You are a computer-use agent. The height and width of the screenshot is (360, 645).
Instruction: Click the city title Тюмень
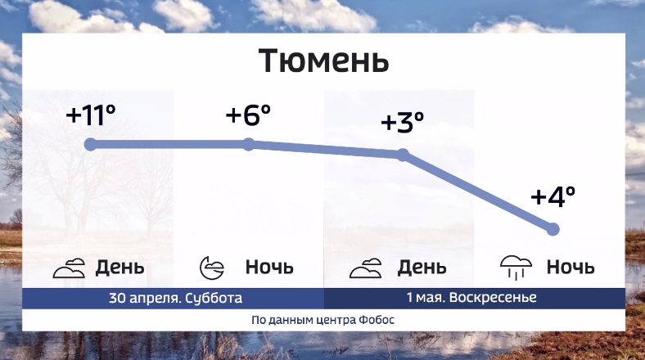pyautogui.click(x=324, y=61)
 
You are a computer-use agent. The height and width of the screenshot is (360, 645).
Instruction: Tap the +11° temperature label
pyautogui.click(x=91, y=115)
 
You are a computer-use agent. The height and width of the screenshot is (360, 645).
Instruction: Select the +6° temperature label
pyautogui.click(x=248, y=115)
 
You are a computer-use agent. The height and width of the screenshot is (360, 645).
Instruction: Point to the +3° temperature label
pyautogui.click(x=402, y=122)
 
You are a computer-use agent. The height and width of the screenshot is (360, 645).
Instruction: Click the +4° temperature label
pyautogui.click(x=553, y=196)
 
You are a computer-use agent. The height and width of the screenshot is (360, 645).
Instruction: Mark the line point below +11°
pyautogui.click(x=90, y=144)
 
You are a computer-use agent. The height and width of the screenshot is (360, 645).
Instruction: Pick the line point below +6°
pyautogui.click(x=249, y=144)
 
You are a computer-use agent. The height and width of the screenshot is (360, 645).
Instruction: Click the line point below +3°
pyautogui.click(x=403, y=155)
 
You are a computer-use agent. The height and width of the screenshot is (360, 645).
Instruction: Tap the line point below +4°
pyautogui.click(x=553, y=229)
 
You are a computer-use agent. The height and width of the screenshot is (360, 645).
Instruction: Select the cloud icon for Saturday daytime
pyautogui.click(x=69, y=268)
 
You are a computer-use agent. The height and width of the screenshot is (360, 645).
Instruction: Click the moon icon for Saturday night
pyautogui.click(x=212, y=268)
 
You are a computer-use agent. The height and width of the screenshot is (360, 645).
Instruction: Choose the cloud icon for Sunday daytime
pyautogui.click(x=366, y=268)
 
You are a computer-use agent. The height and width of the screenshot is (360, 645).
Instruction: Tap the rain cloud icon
pyautogui.click(x=516, y=268)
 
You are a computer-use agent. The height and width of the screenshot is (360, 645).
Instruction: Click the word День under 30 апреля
pyautogui.click(x=120, y=268)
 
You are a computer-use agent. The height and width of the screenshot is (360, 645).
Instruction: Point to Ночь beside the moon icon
pyautogui.click(x=269, y=267)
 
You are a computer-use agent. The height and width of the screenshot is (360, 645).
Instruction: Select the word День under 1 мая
pyautogui.click(x=422, y=268)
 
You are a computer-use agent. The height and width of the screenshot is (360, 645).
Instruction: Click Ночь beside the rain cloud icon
pyautogui.click(x=571, y=267)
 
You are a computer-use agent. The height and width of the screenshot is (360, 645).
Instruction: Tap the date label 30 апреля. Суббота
pyautogui.click(x=176, y=298)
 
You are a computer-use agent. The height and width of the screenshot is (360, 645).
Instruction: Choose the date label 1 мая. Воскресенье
pyautogui.click(x=471, y=297)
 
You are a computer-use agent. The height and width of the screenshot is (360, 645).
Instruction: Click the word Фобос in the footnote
pyautogui.click(x=377, y=320)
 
